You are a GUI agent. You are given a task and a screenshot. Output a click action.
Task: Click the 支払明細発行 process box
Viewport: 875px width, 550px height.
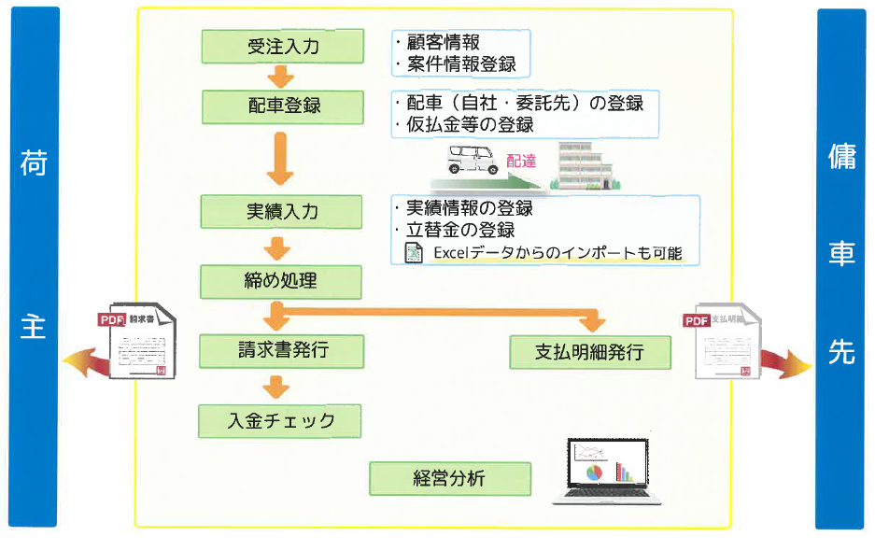coord(589,352)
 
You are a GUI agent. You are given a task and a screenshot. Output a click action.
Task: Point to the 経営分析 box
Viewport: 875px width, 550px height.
coord(450,478)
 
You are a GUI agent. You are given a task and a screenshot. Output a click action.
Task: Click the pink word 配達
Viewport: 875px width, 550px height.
coord(521,161)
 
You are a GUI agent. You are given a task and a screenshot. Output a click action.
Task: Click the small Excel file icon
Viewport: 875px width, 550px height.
coord(413,253)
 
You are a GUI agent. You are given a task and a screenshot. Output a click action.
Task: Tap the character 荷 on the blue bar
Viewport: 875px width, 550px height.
coord(33,162)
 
